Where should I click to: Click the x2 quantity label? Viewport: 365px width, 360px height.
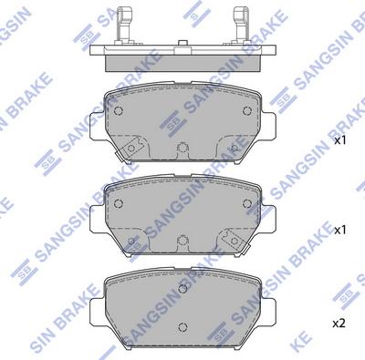[339, 323]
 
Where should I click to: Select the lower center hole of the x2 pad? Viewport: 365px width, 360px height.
[183, 326]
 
